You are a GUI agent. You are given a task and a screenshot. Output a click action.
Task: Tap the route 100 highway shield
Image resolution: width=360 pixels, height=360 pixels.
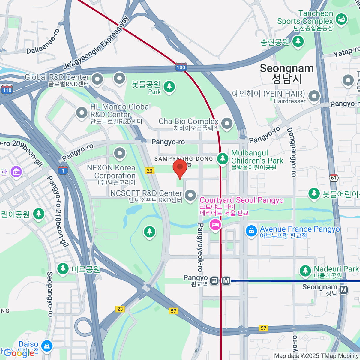pos(181,67)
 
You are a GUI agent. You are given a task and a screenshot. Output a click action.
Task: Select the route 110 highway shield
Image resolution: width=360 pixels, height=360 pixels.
pos(7,90)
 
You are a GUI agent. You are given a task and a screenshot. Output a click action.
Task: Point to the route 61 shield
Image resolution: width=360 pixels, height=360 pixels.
pos(334,178)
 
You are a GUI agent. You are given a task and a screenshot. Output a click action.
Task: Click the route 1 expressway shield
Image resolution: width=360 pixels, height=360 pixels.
pos(63,171)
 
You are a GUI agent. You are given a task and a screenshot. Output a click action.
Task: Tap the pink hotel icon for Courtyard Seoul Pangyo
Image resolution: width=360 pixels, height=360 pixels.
pos(215,224)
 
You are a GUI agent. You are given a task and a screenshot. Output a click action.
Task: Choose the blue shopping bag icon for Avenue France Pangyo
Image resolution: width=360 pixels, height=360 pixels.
pos(251,231)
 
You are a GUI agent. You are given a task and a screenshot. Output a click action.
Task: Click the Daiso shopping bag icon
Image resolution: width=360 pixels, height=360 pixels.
pos(47,346)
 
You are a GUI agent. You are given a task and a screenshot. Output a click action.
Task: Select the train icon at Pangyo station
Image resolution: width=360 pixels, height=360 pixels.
pos(214,281)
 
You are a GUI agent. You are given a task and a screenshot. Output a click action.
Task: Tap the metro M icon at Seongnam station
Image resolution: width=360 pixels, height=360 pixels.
pos(344,290)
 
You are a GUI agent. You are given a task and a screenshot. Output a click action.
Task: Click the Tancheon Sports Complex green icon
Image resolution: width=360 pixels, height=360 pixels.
pos(341,19)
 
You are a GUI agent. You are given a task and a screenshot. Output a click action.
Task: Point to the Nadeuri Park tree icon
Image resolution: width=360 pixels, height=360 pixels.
pos(305,270)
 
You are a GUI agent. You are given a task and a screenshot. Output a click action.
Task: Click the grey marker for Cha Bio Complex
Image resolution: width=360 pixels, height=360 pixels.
pos(227,123)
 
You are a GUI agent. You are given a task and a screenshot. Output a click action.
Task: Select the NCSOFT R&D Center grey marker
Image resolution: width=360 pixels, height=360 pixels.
pos(190,195)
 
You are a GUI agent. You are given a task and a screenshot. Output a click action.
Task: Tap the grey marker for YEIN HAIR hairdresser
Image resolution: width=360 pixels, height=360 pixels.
pos(314,96)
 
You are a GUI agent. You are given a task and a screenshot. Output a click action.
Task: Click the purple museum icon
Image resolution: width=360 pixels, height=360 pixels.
pos(16,172)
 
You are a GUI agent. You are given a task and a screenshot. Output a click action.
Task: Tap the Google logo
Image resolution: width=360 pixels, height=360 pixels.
pos(19,353)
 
